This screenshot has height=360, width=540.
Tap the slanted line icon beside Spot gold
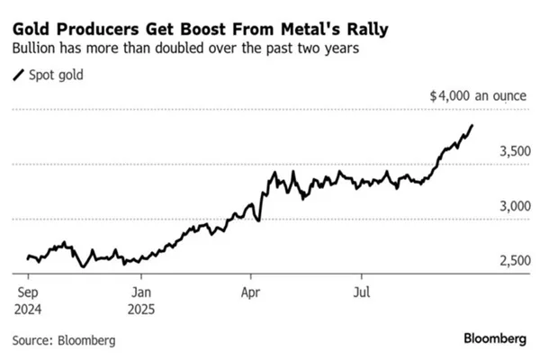(x=19, y=77)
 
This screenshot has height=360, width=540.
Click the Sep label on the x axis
(x=25, y=292)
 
